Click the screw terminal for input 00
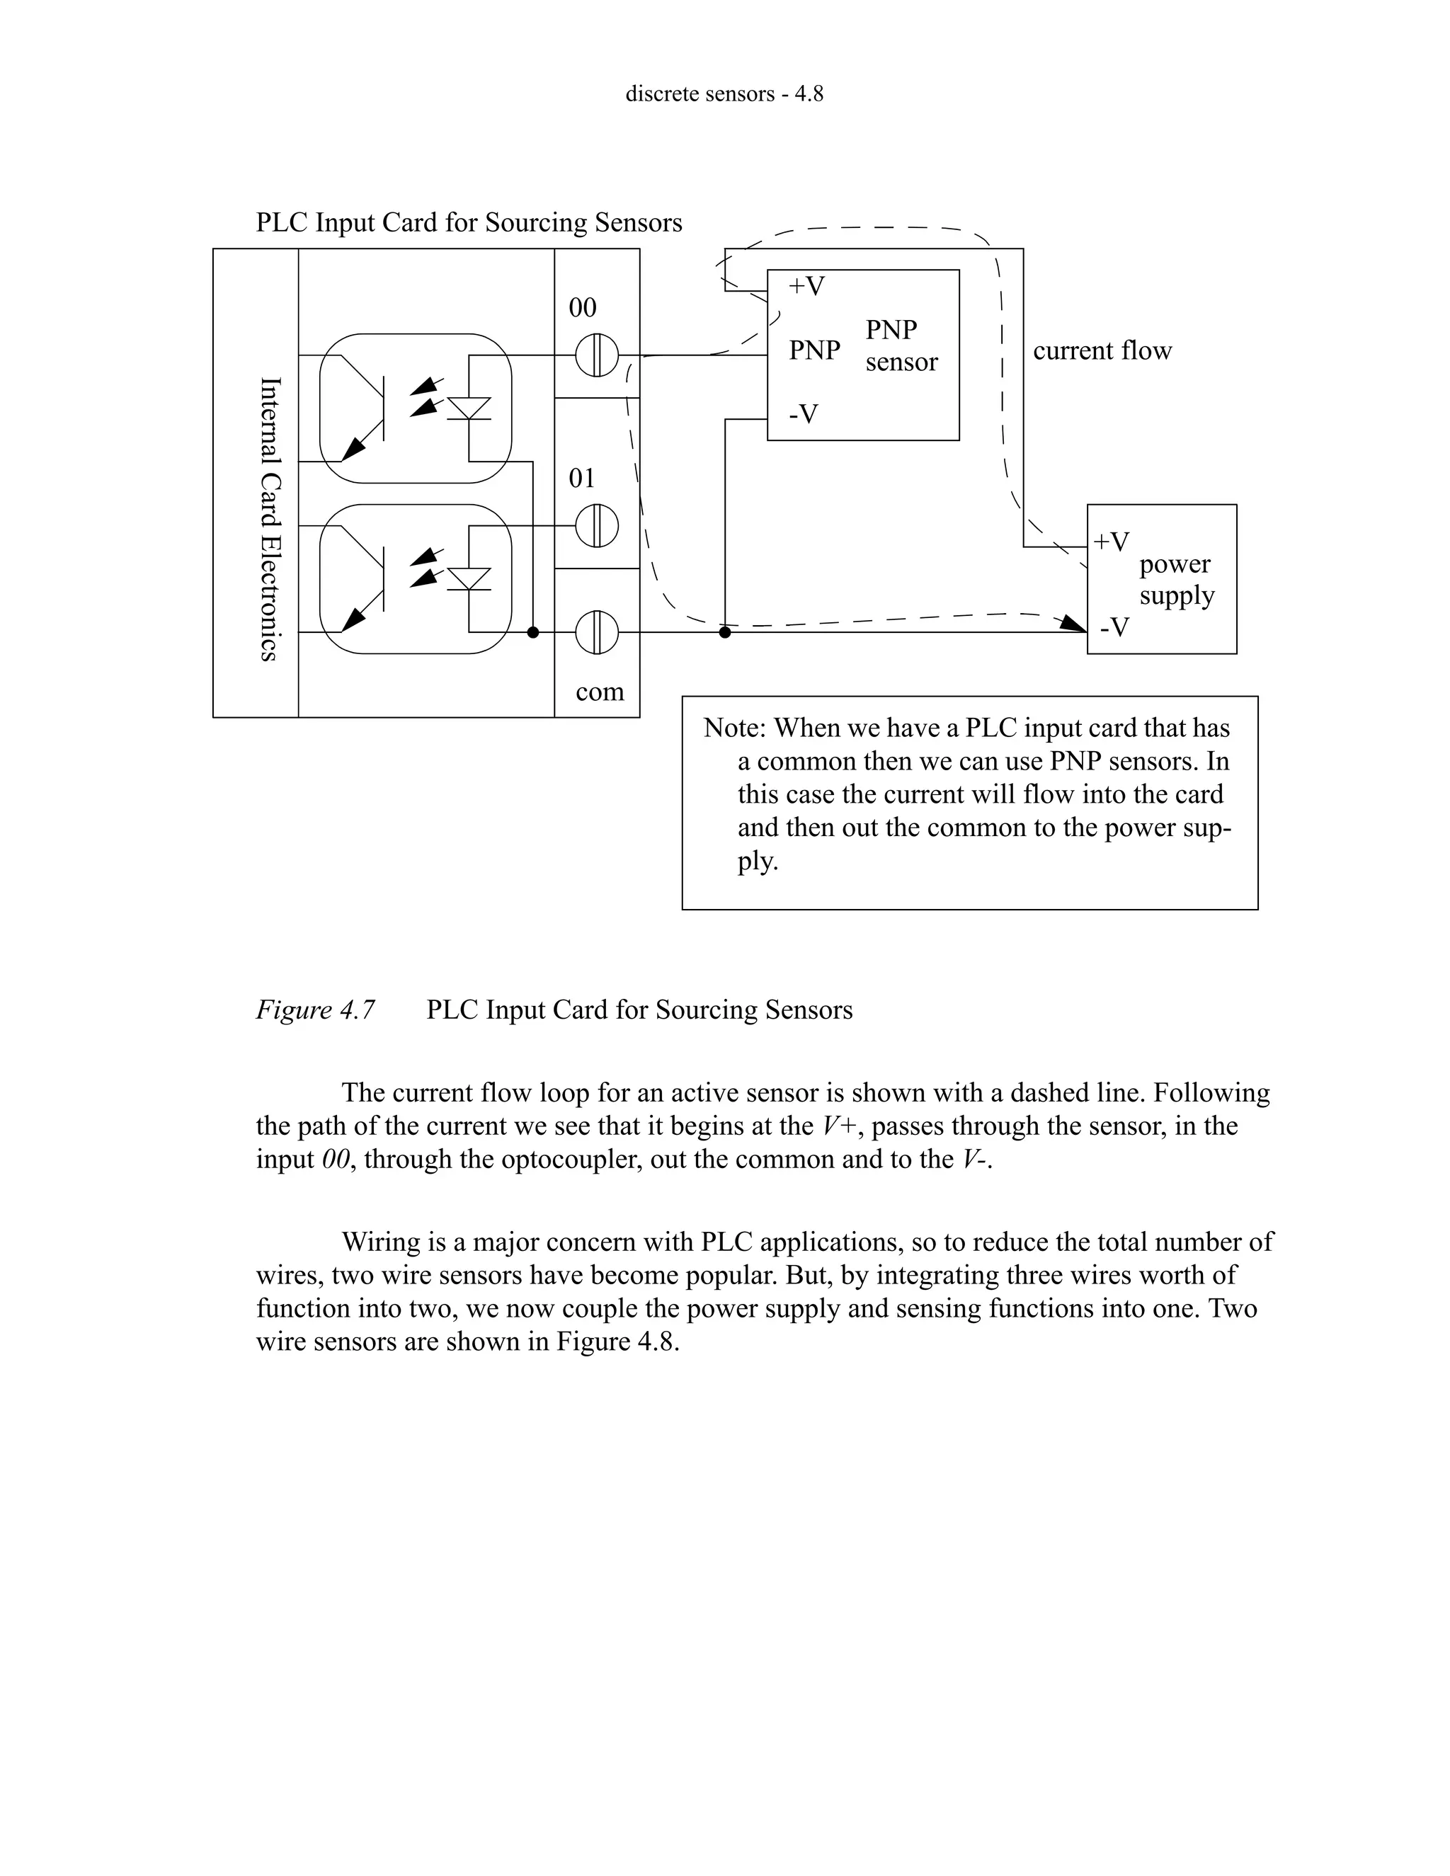(x=596, y=355)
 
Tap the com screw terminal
(x=596, y=632)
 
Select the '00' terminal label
(x=583, y=307)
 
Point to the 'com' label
(x=600, y=692)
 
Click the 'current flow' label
(x=1102, y=350)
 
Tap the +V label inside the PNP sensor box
(x=806, y=286)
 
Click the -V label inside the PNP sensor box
(x=804, y=415)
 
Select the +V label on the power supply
(x=1112, y=542)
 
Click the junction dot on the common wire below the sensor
(x=725, y=632)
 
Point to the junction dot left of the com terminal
(x=532, y=632)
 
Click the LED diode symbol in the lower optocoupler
(x=469, y=578)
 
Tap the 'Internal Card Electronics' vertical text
(x=270, y=519)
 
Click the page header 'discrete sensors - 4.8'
(x=724, y=93)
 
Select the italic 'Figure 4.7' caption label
(x=315, y=1010)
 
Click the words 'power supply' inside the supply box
(x=1176, y=580)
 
